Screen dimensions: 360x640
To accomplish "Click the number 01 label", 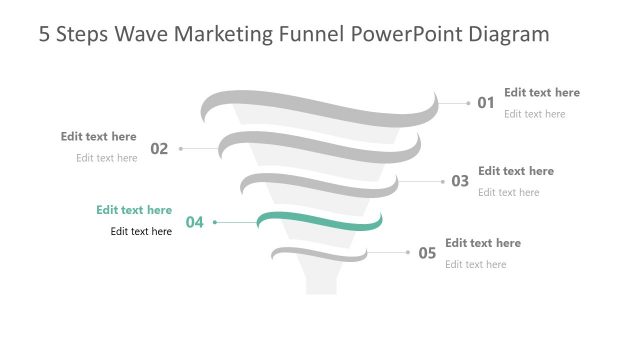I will point(486,102).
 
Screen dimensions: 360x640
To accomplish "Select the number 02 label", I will point(159,149).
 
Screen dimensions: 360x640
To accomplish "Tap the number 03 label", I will point(460,181).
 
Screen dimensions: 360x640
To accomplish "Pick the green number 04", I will point(194,222).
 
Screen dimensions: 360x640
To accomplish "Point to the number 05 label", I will point(427,253).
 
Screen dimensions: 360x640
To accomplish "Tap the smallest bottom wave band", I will point(320,255).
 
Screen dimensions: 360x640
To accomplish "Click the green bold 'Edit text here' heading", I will point(134,210).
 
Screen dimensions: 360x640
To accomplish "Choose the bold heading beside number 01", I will point(541,92).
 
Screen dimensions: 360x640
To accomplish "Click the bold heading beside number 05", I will point(483,243).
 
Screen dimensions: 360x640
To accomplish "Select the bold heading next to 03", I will point(516,171).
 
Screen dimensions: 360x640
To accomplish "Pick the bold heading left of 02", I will point(98,136).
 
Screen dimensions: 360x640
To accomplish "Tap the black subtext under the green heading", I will point(141,231).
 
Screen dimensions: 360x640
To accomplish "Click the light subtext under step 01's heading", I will point(534,114).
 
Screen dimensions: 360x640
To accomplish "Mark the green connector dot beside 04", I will point(215,222).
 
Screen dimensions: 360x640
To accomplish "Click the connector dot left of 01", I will point(468,102).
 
